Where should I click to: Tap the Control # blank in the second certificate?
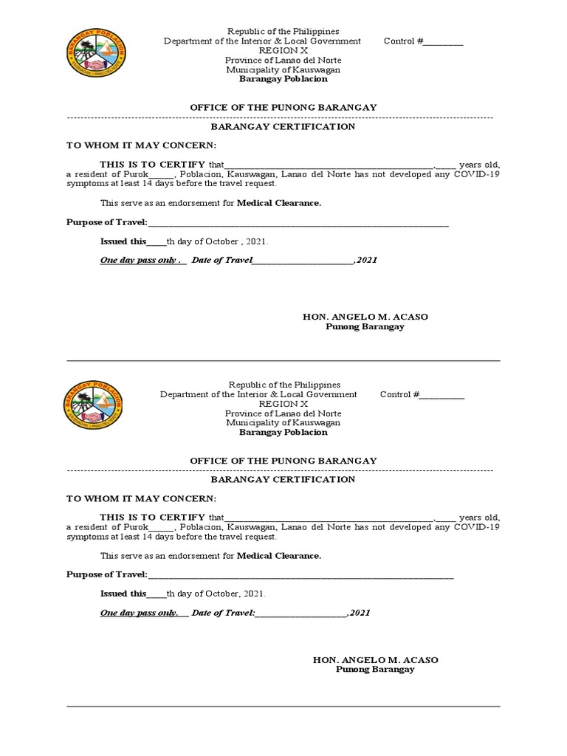[x=442, y=395]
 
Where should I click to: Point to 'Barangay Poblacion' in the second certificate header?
[x=283, y=433]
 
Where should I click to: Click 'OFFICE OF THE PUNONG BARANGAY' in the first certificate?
[x=283, y=107]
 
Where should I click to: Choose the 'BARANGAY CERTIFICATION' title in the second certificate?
[x=283, y=479]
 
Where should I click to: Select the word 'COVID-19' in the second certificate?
[x=476, y=528]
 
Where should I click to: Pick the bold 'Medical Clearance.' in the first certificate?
[x=279, y=202]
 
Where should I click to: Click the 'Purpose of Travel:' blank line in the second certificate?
[x=300, y=575]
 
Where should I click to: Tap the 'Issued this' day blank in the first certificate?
[x=157, y=241]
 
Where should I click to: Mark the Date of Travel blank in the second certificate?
[x=302, y=614]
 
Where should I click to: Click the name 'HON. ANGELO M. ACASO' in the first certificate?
[x=365, y=317]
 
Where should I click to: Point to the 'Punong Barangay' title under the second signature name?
[x=375, y=670]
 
